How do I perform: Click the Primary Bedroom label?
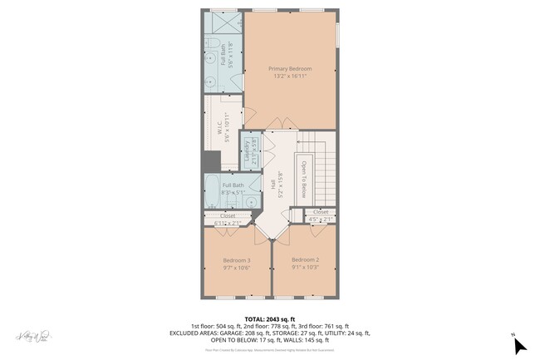(290, 68)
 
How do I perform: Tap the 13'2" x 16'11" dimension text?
(290, 76)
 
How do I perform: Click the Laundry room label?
(248, 150)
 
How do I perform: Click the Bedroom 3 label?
(237, 260)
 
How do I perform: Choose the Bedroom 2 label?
(305, 260)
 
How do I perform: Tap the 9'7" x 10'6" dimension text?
(237, 268)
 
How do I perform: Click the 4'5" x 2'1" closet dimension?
(320, 219)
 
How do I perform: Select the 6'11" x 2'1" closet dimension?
(227, 223)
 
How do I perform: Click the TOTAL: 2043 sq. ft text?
(269, 318)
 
